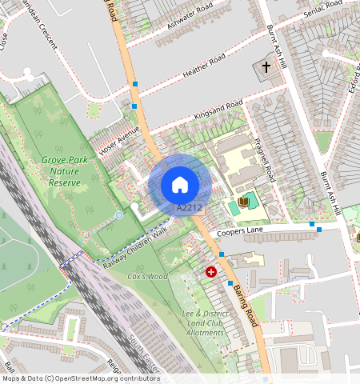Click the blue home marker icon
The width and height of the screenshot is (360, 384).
click(180, 185)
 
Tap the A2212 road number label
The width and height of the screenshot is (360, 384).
click(188, 208)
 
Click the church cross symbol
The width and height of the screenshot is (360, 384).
click(266, 68)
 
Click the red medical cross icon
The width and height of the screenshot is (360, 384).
click(211, 272)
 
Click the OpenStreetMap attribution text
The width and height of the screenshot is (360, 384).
click(80, 378)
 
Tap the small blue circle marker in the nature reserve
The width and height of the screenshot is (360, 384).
click(119, 215)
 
